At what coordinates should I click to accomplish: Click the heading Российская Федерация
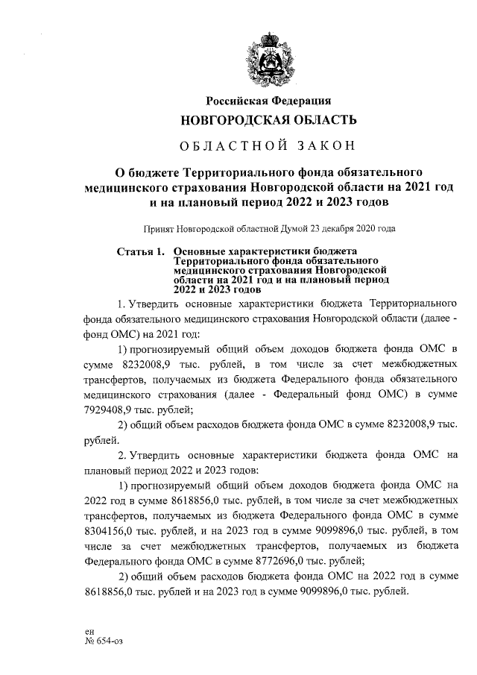point(268,101)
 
